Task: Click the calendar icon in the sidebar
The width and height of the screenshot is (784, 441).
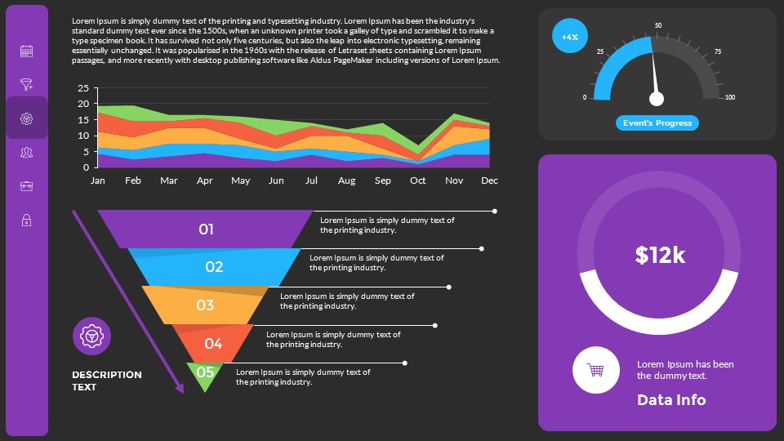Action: pyautogui.click(x=26, y=51)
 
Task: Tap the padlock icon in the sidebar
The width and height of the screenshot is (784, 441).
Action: pyautogui.click(x=26, y=220)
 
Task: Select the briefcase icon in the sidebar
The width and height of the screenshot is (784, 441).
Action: pyautogui.click(x=26, y=186)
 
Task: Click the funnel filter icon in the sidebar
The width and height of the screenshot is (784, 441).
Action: pyautogui.click(x=26, y=84)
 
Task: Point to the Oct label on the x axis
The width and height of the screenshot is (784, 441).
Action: pyautogui.click(x=418, y=180)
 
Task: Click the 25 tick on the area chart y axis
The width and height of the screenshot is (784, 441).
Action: pyautogui.click(x=82, y=88)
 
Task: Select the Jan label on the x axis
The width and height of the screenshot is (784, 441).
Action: pyautogui.click(x=98, y=180)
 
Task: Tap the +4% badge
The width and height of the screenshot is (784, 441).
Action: pyautogui.click(x=570, y=37)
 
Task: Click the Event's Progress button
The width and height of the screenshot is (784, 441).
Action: pyautogui.click(x=657, y=123)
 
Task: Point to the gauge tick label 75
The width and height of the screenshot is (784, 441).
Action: pyautogui.click(x=717, y=52)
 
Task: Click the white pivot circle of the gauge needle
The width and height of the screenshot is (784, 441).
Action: pyautogui.click(x=657, y=99)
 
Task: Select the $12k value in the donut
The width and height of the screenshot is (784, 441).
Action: pyautogui.click(x=660, y=255)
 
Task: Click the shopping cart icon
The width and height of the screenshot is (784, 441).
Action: pyautogui.click(x=595, y=370)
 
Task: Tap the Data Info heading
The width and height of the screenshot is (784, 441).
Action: pyautogui.click(x=671, y=400)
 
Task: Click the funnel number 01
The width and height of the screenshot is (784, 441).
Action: pyautogui.click(x=206, y=229)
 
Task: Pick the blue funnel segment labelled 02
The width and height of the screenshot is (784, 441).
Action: pyautogui.click(x=214, y=267)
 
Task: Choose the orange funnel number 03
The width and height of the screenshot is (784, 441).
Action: pyautogui.click(x=205, y=305)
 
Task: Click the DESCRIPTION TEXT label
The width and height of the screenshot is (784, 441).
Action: pyautogui.click(x=107, y=381)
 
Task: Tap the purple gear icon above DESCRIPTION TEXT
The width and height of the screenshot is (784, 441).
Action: pyautogui.click(x=92, y=336)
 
